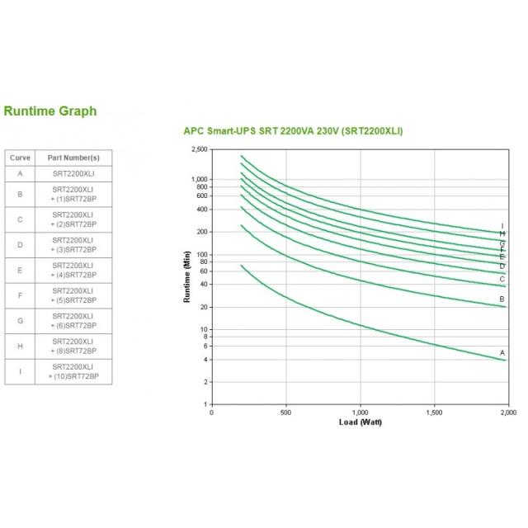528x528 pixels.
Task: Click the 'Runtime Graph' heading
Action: coord(50,111)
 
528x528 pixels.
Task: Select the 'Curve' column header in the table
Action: coord(19,157)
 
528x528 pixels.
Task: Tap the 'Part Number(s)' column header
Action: coord(73,157)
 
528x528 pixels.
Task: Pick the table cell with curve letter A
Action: coord(19,173)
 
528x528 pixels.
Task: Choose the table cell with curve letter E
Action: coord(19,271)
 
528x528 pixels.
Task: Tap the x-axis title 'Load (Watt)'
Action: coord(361,422)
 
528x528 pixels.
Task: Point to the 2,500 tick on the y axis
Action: coord(200,149)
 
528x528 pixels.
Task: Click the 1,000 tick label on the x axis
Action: coord(361,412)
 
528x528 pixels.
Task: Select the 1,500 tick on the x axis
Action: coord(434,412)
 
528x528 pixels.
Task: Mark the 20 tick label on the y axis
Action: coord(204,307)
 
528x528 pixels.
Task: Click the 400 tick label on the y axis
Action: coord(202,209)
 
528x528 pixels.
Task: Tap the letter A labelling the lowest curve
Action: coord(502,353)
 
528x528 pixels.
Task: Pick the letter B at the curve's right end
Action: coord(502,299)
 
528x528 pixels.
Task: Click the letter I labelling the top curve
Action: coord(502,226)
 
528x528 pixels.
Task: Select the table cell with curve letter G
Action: coord(19,320)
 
